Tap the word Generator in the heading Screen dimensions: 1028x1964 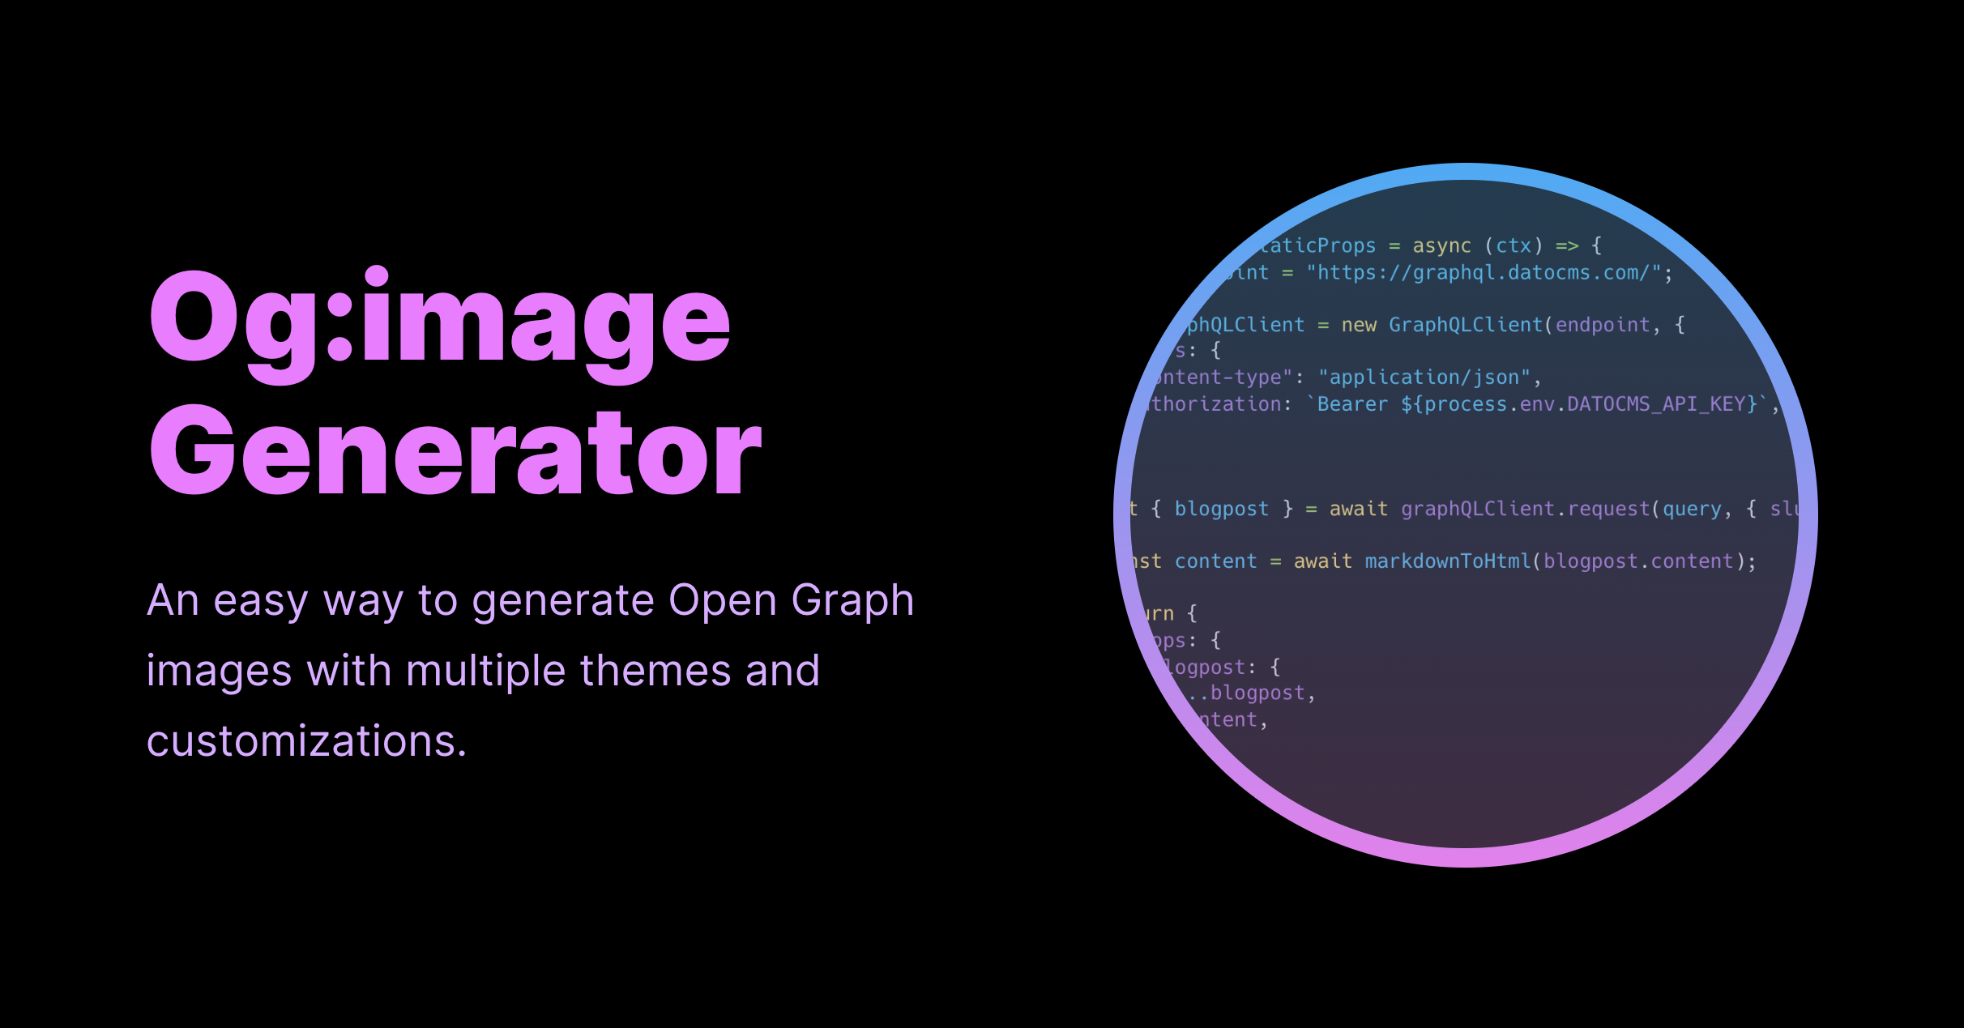(x=455, y=450)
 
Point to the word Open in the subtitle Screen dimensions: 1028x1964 (x=722, y=601)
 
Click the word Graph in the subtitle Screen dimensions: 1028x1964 (x=852, y=601)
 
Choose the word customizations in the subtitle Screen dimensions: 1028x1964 (x=306, y=741)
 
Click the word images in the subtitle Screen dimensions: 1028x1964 (x=219, y=672)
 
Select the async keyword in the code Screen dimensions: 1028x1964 (x=1441, y=245)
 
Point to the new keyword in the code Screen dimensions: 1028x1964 (x=1359, y=325)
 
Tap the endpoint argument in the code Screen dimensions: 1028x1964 (x=1602, y=325)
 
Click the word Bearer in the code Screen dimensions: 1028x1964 (x=1352, y=404)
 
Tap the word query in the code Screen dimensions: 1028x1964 (x=1692, y=509)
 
